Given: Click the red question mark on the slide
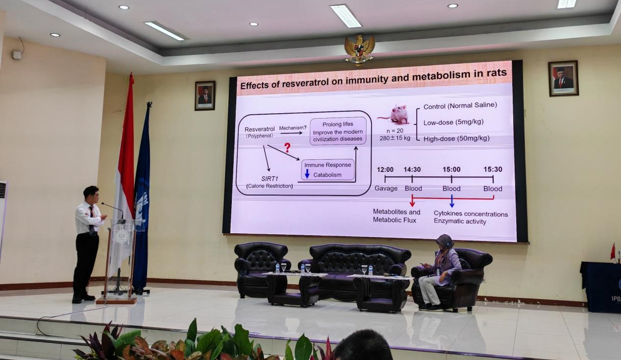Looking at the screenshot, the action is point(288,147).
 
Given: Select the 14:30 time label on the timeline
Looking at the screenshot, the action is point(412,169).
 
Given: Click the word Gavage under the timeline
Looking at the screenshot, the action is point(386,189).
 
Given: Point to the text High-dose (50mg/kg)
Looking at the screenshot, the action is point(456,139).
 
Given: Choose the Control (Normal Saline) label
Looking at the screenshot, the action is point(460,106).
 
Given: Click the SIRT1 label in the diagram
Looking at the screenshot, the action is point(270,179).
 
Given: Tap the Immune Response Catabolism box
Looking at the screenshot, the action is point(328,169).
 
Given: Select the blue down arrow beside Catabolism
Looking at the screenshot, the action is point(307,174).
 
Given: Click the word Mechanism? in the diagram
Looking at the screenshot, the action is point(293,128).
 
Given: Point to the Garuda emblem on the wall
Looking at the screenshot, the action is point(359,50).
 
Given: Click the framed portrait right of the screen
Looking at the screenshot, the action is point(563,78).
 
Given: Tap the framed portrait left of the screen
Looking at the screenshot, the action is point(205,96).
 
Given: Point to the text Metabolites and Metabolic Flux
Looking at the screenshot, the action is point(397,216).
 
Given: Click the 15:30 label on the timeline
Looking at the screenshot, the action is point(493,169).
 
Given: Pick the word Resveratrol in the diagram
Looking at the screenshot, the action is point(259,129).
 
